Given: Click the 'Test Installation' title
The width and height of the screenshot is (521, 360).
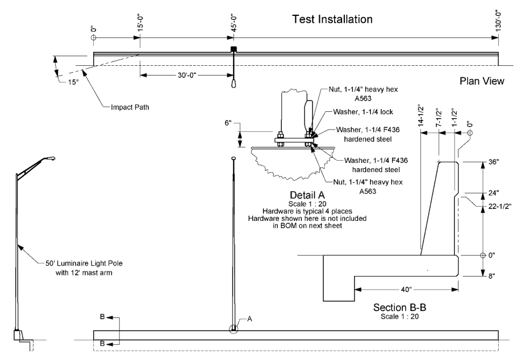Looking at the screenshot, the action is click(x=332, y=19).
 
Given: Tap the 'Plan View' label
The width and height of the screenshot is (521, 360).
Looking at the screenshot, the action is click(x=482, y=81).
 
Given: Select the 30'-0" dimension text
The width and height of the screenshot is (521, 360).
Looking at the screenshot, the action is click(x=187, y=76).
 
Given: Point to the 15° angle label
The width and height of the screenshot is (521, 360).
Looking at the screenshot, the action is click(x=73, y=82).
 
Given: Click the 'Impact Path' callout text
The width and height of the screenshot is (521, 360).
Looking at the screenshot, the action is click(x=130, y=107).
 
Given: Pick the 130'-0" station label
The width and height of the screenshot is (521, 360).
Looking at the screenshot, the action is click(x=498, y=21).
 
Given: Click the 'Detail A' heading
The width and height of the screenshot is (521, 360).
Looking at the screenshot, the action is click(x=307, y=195).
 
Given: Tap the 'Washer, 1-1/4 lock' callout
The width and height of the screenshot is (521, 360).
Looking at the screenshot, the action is click(x=363, y=112).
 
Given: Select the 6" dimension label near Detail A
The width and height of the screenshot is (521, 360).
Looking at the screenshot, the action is click(x=228, y=123).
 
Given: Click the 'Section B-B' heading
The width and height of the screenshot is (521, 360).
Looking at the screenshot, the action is click(x=400, y=308).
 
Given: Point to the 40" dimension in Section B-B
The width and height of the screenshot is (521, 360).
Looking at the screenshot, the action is click(x=406, y=290).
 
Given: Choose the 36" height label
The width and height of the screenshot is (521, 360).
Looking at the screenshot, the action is click(x=493, y=162).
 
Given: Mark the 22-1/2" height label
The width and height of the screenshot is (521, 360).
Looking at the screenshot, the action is click(x=500, y=206).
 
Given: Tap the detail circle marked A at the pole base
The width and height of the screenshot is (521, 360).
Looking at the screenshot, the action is click(x=234, y=329).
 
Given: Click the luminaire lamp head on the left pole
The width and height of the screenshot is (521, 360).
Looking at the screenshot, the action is click(x=51, y=159).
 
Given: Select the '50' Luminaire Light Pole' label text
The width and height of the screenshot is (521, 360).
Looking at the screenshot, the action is click(x=84, y=263).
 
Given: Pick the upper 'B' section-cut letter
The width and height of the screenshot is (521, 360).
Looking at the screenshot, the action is click(x=102, y=317).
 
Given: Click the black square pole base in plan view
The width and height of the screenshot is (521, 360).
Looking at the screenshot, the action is click(x=234, y=49).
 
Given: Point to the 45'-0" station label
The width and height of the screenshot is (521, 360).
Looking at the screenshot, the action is click(x=234, y=23).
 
